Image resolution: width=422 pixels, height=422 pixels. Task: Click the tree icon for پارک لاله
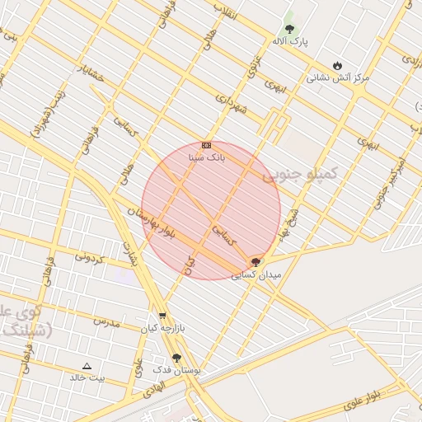(x=288, y=27)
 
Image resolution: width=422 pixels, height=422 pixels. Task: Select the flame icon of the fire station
(x=337, y=65)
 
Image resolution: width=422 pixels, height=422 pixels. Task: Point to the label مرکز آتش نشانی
(x=338, y=77)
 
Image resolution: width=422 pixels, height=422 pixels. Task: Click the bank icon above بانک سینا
(x=206, y=144)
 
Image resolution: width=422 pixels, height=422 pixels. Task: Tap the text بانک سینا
(x=207, y=156)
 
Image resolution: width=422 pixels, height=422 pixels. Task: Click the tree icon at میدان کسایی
(x=256, y=262)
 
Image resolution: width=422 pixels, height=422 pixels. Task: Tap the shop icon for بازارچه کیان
(x=162, y=316)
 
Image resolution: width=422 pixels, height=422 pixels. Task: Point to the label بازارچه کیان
(x=160, y=328)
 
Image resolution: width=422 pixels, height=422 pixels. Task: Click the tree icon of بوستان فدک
(x=176, y=358)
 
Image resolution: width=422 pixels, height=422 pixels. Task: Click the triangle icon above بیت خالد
(x=87, y=365)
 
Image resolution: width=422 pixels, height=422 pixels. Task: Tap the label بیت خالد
(x=87, y=377)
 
